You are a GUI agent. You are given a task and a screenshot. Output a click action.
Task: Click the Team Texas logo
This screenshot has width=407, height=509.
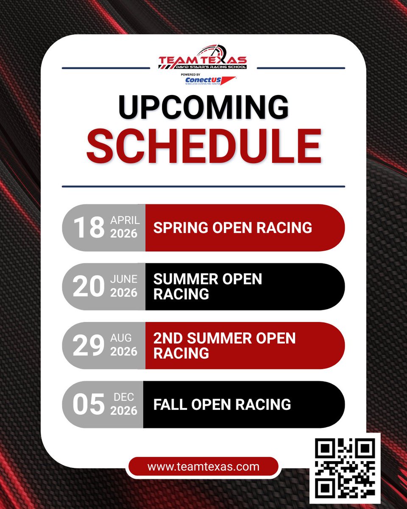[x=203, y=58]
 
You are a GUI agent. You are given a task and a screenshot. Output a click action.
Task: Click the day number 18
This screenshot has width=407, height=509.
[x=89, y=227]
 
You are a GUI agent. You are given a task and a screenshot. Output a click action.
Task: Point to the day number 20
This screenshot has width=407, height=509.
[x=89, y=287]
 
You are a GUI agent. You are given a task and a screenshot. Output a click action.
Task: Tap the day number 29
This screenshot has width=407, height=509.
[x=89, y=346]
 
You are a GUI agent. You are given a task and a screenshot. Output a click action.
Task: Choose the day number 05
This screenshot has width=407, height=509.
[x=89, y=405]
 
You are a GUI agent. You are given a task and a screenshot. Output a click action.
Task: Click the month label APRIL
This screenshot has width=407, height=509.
[x=125, y=220]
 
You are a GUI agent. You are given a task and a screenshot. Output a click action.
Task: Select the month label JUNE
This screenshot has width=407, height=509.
[x=124, y=279]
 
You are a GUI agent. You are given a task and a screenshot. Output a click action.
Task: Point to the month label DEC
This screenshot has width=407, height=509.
[x=124, y=397]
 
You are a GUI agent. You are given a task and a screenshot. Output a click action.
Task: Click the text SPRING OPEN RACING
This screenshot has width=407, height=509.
[x=233, y=227]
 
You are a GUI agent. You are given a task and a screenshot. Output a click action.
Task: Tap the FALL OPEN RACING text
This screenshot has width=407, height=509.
[x=222, y=404]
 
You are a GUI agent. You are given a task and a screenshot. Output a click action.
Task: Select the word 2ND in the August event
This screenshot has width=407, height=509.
[x=168, y=338]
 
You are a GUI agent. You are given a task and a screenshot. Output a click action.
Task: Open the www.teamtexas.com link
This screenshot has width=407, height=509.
[x=203, y=467]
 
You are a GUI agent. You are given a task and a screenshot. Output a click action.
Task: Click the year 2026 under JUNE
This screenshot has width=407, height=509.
[x=124, y=293]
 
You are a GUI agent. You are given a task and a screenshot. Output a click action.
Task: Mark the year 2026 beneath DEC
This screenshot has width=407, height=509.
[x=124, y=411]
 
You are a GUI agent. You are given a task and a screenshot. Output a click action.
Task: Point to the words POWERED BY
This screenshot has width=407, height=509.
[x=191, y=74]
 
